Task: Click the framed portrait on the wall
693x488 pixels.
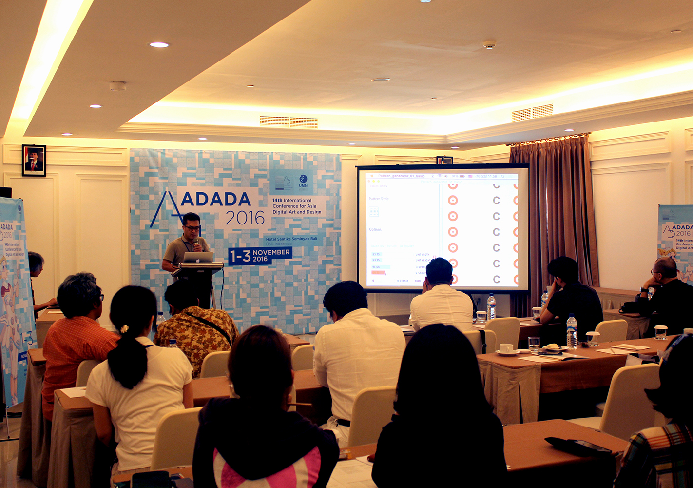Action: (x=34, y=160)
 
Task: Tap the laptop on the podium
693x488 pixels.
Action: (x=198, y=257)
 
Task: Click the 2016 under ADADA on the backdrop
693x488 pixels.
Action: (x=245, y=218)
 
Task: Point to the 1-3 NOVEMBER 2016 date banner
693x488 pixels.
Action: (x=260, y=255)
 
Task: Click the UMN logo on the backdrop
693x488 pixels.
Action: (x=303, y=181)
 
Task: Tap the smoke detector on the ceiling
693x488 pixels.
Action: (x=489, y=45)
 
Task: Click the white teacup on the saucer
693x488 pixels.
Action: (x=506, y=348)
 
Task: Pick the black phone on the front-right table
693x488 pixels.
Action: (x=578, y=446)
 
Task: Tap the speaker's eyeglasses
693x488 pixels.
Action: (x=192, y=227)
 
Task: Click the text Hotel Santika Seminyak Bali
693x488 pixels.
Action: (x=291, y=239)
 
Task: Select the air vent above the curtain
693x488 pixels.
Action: (x=532, y=112)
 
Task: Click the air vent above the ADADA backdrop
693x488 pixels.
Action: (x=289, y=122)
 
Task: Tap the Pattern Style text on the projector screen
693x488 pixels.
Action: (x=378, y=199)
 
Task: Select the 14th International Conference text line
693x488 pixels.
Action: (x=292, y=201)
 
